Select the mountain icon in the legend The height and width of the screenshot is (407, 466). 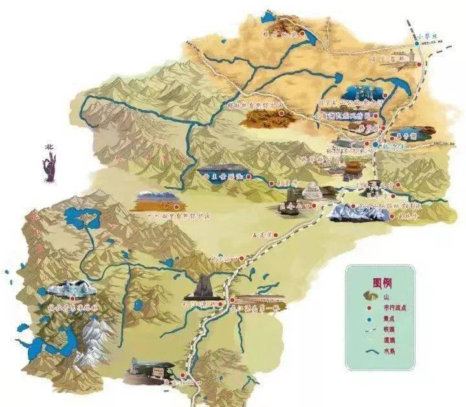coord(368,298)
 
